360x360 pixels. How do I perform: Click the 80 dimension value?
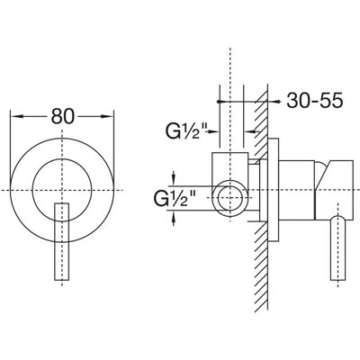click(x=62, y=116)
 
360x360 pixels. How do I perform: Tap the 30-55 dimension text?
click(x=314, y=100)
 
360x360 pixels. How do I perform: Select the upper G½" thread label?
click(x=186, y=131)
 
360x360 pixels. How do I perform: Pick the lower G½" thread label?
click(x=175, y=198)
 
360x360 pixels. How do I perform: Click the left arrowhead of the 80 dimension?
click(x=17, y=116)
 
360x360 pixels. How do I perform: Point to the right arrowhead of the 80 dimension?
click(x=107, y=116)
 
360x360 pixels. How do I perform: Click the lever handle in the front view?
click(x=62, y=242)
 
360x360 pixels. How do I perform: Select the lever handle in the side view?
click(x=338, y=248)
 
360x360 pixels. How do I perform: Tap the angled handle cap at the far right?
click(x=335, y=189)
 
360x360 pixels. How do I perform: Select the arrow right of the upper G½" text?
click(x=212, y=131)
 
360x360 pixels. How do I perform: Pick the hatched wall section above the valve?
click(x=261, y=120)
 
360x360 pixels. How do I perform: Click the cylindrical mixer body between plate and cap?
click(x=297, y=190)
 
